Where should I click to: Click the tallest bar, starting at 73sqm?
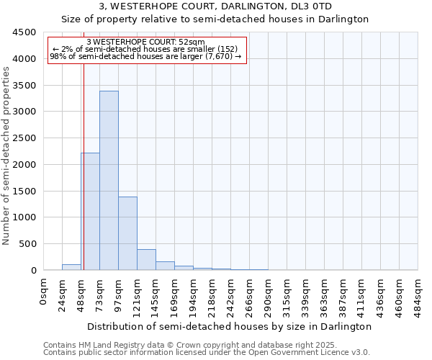[109, 180]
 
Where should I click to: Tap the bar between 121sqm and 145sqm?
[146, 260]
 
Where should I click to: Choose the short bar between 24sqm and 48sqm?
[71, 267]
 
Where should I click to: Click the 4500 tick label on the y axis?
[24, 32]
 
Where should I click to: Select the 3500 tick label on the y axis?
[24, 85]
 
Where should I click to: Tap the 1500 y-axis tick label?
[24, 191]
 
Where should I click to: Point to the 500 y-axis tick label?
[27, 244]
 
